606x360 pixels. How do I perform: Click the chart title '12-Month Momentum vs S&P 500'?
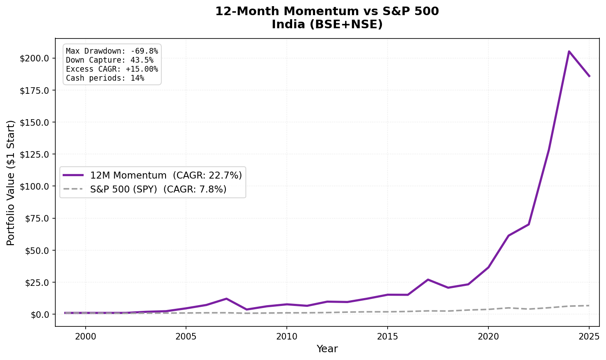tap(327, 11)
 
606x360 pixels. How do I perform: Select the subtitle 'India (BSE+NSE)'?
tap(327, 25)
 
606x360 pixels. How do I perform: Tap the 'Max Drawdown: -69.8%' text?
tap(112, 51)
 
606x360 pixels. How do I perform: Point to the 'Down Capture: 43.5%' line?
tap(109, 60)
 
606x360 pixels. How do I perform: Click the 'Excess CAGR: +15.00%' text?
tap(112, 69)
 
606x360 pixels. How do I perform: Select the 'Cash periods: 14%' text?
tap(105, 78)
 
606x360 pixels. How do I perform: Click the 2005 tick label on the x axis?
tap(186, 337)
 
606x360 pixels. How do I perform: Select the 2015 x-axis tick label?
tap(387, 337)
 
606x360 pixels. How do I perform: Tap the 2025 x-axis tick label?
tap(589, 337)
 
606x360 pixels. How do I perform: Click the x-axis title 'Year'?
tap(327, 349)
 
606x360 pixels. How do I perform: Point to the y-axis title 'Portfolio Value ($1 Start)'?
tap(11, 183)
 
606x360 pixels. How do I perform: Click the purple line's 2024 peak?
tap(569, 51)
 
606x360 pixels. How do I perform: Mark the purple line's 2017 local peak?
tap(428, 280)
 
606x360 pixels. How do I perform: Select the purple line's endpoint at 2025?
tap(589, 76)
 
